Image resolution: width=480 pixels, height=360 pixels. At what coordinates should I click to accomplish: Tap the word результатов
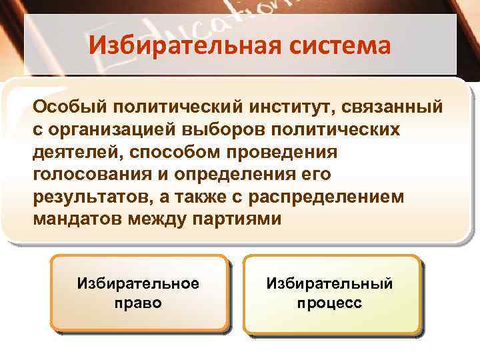coord(84,197)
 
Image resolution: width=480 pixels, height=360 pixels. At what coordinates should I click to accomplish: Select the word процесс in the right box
coord(330,303)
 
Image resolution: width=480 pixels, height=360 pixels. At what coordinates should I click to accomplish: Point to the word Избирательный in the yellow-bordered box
coord(330,283)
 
